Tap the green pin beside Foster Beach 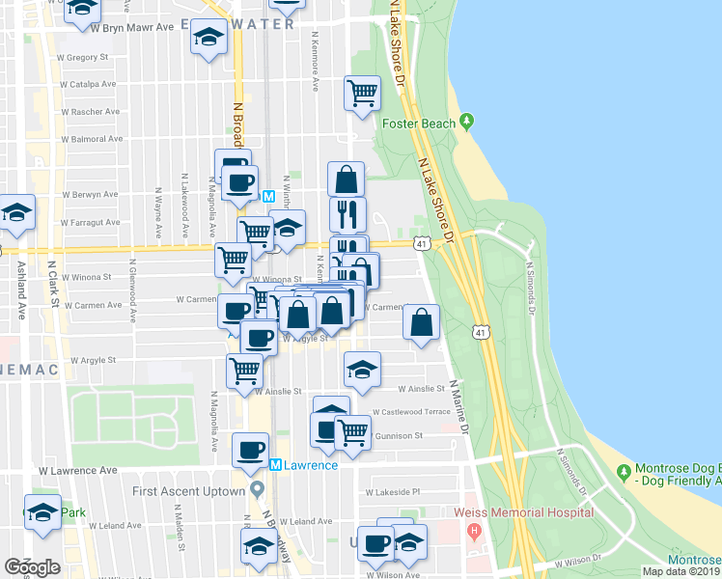pyautogui.click(x=467, y=122)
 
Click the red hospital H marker pyautogui.click(x=473, y=532)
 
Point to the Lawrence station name pyautogui.click(x=310, y=465)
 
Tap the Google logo pyautogui.click(x=32, y=567)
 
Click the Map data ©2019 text pyautogui.click(x=681, y=571)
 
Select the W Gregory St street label pyautogui.click(x=83, y=58)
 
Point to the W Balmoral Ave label pyautogui.click(x=93, y=139)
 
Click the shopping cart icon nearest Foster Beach pyautogui.click(x=362, y=94)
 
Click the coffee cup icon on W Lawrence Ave pyautogui.click(x=251, y=449)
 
